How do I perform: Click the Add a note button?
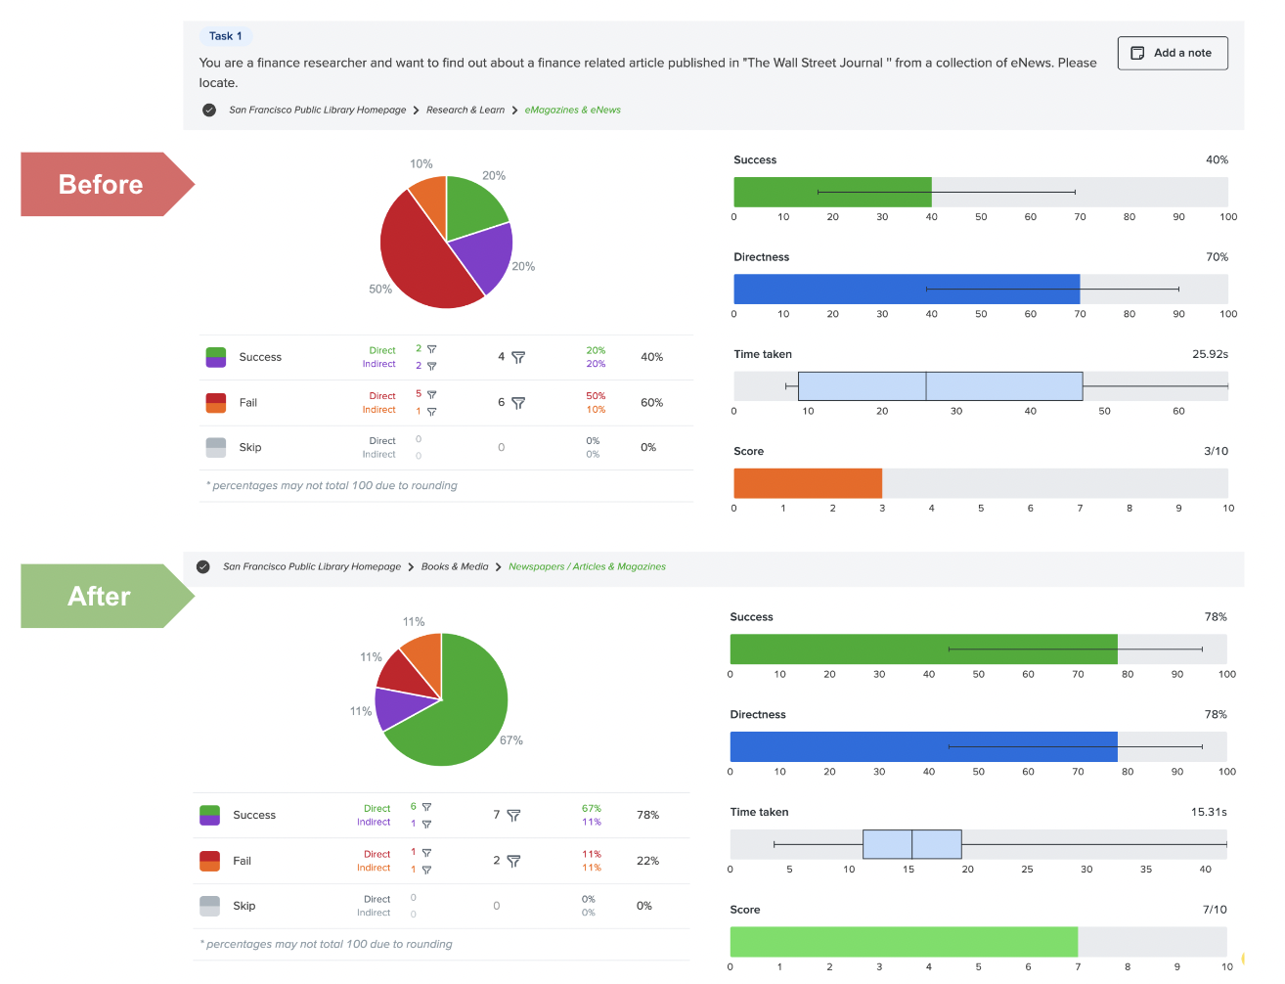[x=1172, y=53]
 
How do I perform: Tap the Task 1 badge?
[x=225, y=36]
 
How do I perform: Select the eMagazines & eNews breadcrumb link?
[x=572, y=111]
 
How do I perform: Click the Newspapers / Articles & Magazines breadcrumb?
[x=587, y=567]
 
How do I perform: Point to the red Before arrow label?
[x=102, y=185]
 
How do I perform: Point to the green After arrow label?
[x=100, y=597]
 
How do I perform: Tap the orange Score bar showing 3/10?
[x=807, y=483]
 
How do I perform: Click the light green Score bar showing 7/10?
[x=903, y=942]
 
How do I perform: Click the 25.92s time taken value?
[x=1210, y=354]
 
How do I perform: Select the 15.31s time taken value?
[x=1208, y=813]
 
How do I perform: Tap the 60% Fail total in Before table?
[x=651, y=403]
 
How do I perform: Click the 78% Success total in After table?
[x=647, y=816]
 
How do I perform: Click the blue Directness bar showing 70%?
[x=906, y=290]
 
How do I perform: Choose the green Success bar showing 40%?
[x=831, y=192]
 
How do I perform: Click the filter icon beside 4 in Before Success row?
[x=518, y=358]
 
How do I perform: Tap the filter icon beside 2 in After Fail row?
[x=513, y=862]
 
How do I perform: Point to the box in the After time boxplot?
[x=911, y=844]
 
